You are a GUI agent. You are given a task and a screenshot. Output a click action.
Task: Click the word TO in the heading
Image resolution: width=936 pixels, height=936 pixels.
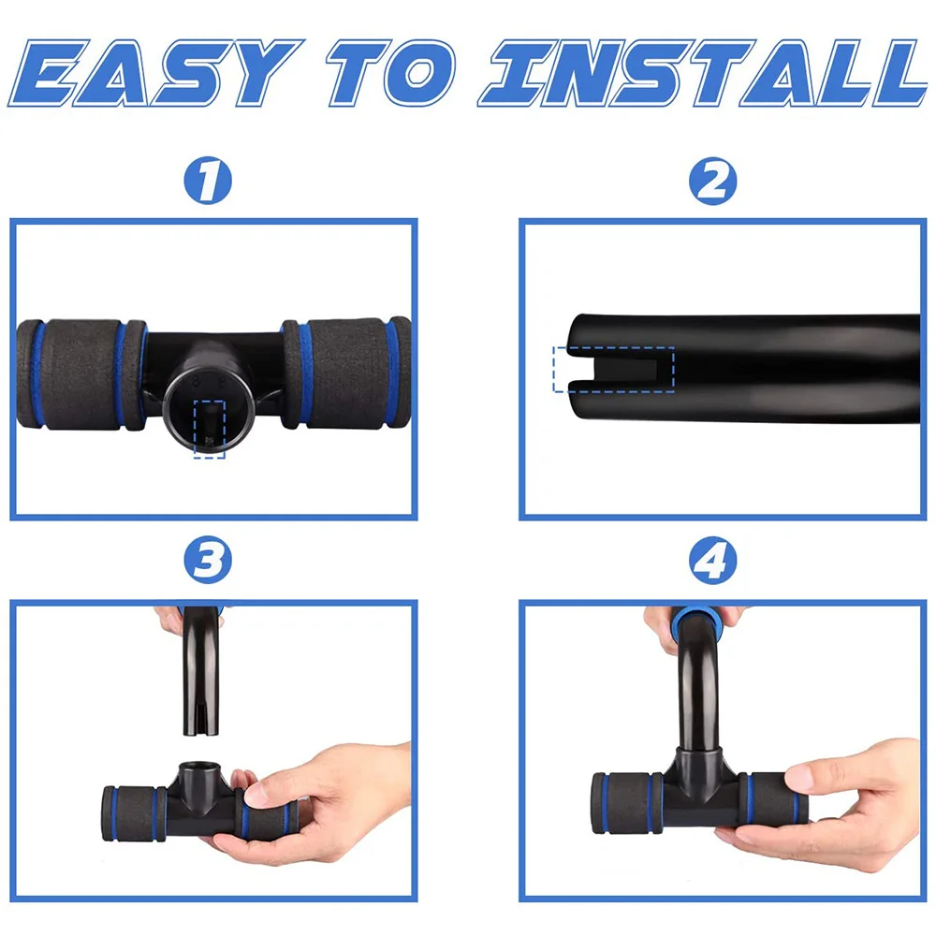pos(390,73)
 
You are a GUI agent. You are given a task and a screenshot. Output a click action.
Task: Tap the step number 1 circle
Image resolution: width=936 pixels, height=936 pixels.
pos(208,181)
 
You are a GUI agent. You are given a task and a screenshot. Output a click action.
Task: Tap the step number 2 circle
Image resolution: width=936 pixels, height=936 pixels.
pos(712,181)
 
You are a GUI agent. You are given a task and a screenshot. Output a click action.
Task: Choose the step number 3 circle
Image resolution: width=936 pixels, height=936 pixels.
pos(208,561)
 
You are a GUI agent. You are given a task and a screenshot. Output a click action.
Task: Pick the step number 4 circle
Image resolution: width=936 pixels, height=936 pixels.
pos(712,561)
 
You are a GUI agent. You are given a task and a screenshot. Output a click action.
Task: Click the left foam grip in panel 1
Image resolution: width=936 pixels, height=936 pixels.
pos(81,374)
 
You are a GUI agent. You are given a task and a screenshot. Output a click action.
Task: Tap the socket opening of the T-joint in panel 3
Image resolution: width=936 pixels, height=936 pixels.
pos(196,768)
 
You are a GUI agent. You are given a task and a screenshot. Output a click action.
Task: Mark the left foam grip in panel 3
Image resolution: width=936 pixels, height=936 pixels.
pos(134,813)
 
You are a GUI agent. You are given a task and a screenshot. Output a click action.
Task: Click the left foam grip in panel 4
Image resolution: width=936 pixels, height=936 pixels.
pos(627,803)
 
